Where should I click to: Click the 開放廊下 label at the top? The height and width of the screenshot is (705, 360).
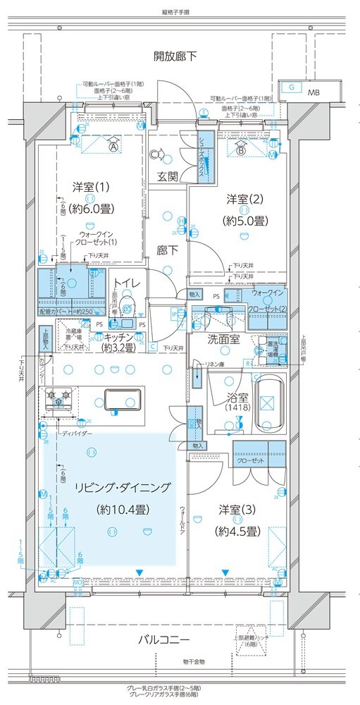click(176, 56)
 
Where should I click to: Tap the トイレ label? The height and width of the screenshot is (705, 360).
click(128, 283)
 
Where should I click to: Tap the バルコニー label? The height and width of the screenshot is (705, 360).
click(164, 639)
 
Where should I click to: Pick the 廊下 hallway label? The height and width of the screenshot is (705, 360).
click(167, 250)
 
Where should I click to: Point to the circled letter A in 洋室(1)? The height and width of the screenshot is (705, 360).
click(113, 147)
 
